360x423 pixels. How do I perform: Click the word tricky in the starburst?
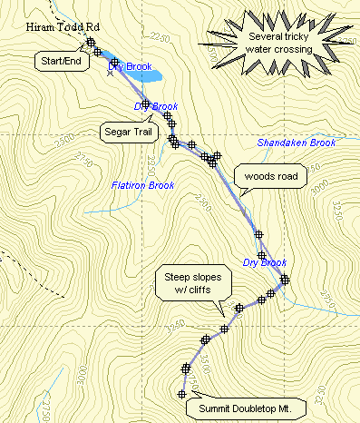(x=304, y=36)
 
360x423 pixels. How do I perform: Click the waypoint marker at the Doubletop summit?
(x=180, y=393)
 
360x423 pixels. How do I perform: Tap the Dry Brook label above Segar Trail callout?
(x=155, y=106)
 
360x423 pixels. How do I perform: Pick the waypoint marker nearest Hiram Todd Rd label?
(x=91, y=42)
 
